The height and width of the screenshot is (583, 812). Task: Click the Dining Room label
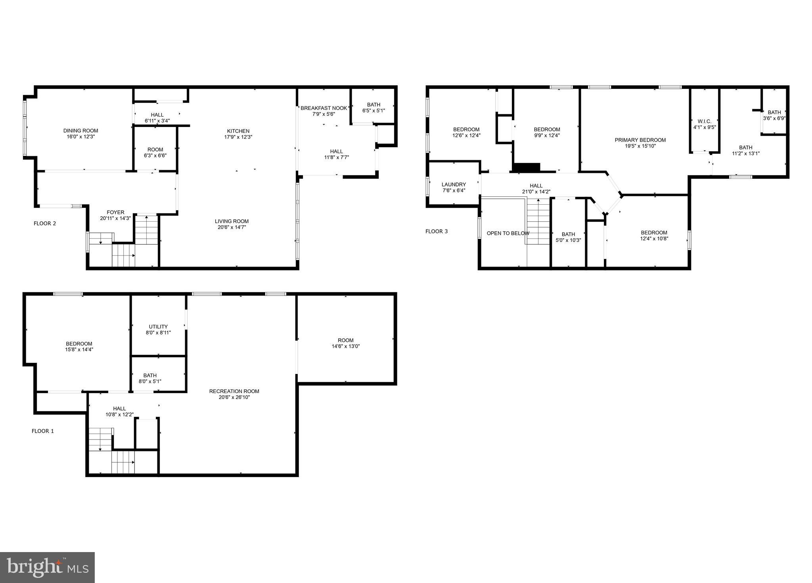(x=80, y=130)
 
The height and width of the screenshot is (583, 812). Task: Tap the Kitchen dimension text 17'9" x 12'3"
(x=238, y=137)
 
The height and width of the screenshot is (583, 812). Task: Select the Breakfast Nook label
(x=324, y=108)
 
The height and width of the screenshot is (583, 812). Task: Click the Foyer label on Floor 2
(x=115, y=212)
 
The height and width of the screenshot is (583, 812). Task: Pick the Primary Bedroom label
(x=640, y=140)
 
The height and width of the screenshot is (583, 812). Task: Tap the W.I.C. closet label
(x=704, y=121)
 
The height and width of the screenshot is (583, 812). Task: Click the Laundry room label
(x=454, y=184)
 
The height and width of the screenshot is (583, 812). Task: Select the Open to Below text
(x=507, y=233)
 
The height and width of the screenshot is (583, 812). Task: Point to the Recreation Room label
(x=234, y=391)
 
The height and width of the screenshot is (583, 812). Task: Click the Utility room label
(x=158, y=326)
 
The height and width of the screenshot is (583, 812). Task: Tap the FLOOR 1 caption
(x=43, y=431)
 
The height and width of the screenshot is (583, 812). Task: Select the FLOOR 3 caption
(x=437, y=231)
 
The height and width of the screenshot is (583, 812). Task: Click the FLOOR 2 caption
(x=45, y=223)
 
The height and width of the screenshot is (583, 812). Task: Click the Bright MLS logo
(x=47, y=568)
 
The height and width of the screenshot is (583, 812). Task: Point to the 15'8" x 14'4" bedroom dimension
(x=79, y=349)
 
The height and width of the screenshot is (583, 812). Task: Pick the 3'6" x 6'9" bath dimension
(x=774, y=118)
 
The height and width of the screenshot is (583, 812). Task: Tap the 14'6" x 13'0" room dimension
(x=346, y=346)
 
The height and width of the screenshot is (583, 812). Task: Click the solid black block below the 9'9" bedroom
(x=527, y=167)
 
